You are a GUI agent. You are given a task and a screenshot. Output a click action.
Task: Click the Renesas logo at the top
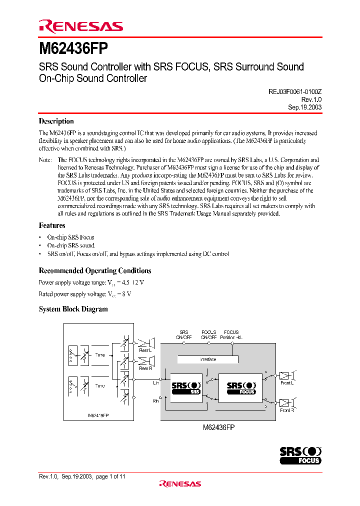pos(81,26)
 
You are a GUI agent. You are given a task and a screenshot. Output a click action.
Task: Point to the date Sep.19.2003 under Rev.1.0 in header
pos(304,107)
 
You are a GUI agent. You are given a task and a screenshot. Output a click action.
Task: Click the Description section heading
pos(56,121)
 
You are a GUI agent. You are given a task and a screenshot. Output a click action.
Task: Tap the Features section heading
pos(52,225)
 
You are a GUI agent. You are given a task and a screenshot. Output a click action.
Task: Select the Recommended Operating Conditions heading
pos(95,271)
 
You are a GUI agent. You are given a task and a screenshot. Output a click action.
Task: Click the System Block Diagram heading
pos(73,309)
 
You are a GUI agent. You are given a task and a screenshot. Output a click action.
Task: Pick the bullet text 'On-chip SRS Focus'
pos(70,237)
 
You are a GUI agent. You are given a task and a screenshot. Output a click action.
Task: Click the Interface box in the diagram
pos(208,359)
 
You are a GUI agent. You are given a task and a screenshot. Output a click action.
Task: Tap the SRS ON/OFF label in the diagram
pos(184,334)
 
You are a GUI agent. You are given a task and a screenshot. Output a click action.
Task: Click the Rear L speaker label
pos(144,350)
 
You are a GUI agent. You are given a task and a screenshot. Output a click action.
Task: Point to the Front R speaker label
pos(286,410)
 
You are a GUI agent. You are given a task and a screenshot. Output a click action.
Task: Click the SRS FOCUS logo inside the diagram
pos(241,388)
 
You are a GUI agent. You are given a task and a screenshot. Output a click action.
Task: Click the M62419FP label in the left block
pos(98,415)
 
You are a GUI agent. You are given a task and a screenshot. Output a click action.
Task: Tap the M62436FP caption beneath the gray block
pos(218,428)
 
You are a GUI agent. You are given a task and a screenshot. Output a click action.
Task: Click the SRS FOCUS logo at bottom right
pos(300,455)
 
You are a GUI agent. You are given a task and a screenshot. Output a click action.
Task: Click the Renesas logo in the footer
pos(179,483)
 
